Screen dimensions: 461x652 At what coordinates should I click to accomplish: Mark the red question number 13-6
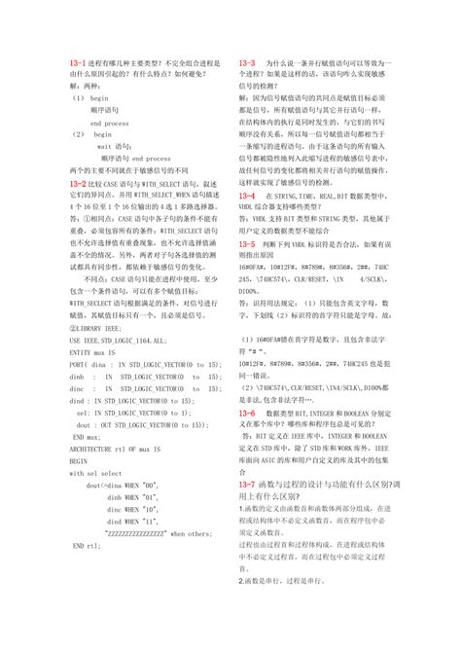[x=247, y=413]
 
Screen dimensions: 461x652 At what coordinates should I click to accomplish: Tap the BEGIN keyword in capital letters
[x=80, y=463]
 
